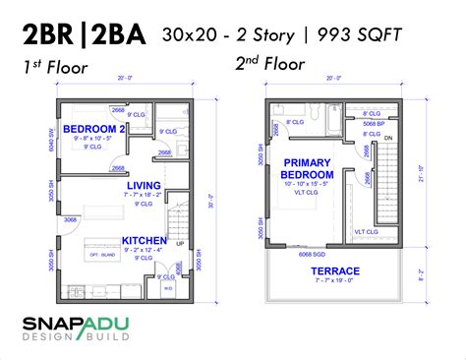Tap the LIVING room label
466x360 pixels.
pyautogui.click(x=144, y=186)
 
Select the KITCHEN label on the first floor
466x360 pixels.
pyautogui.click(x=144, y=241)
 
